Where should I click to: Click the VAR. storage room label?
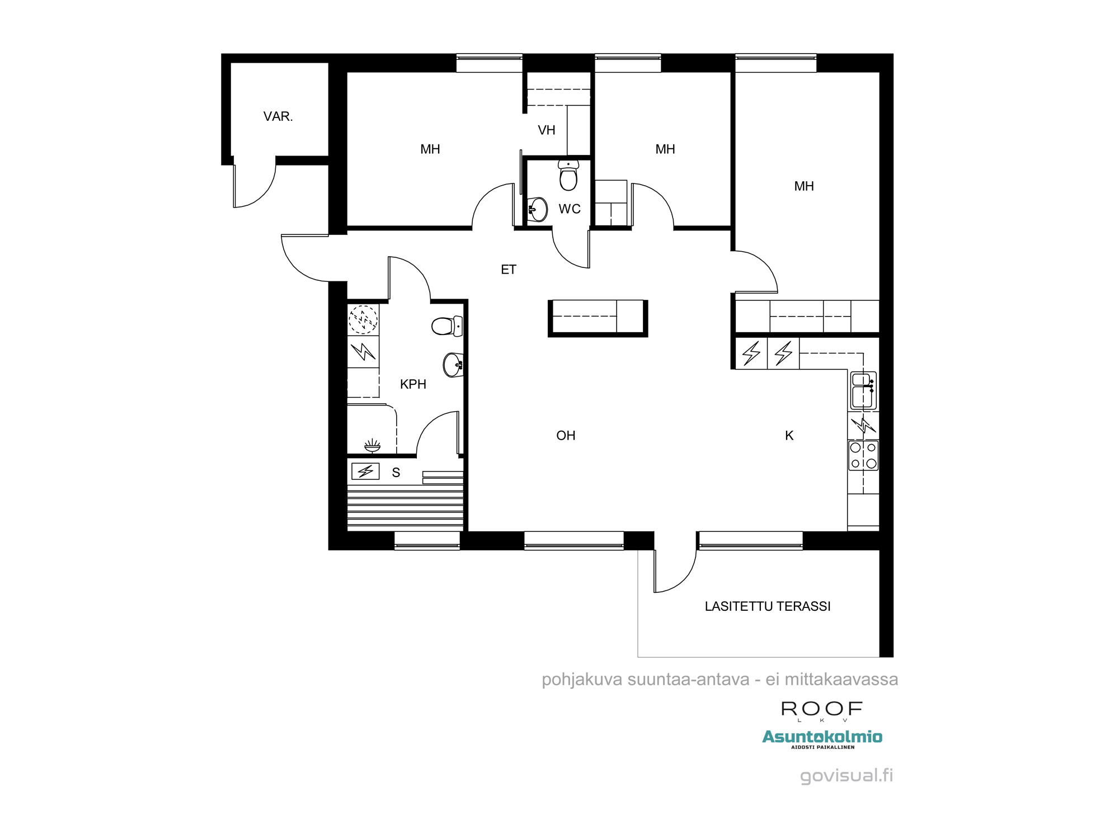click(278, 116)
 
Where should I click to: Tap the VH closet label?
click(547, 130)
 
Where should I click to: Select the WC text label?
click(570, 209)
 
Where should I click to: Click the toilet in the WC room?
click(568, 175)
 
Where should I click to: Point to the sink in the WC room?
click(537, 210)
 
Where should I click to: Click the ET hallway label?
click(509, 270)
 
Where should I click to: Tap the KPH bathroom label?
click(413, 384)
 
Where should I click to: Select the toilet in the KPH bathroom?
click(447, 326)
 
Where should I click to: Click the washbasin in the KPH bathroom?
click(453, 365)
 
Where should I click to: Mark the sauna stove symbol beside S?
click(365, 472)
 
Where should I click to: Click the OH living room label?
click(566, 436)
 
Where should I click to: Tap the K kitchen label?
click(789, 436)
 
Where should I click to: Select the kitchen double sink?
click(863, 390)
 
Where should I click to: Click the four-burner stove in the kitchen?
click(863, 455)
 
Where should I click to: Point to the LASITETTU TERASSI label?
click(768, 606)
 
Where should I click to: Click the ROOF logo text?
click(822, 709)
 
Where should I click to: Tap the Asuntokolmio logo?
click(822, 738)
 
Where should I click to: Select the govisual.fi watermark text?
click(847, 776)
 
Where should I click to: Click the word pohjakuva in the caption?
click(582, 680)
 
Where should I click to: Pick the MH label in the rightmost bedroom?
click(804, 186)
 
